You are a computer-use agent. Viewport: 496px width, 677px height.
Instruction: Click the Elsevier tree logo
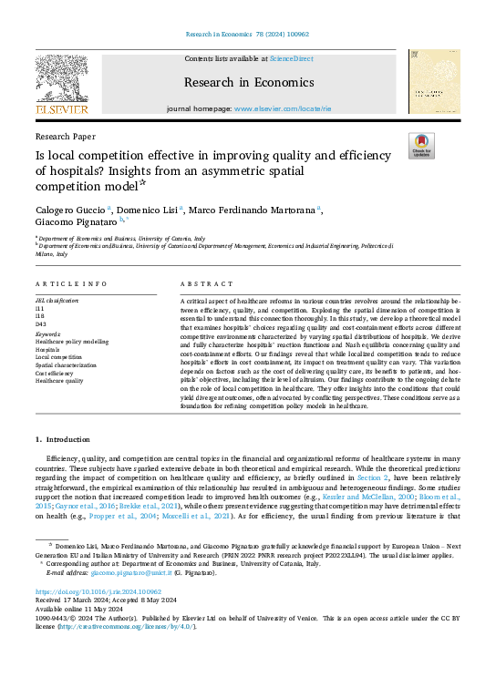[x=61, y=81]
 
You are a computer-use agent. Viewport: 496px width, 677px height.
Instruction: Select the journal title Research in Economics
[x=248, y=82]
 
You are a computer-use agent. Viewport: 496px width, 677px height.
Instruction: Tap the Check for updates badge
[x=421, y=146]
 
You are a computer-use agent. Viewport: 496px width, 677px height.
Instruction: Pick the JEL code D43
[x=41, y=323]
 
